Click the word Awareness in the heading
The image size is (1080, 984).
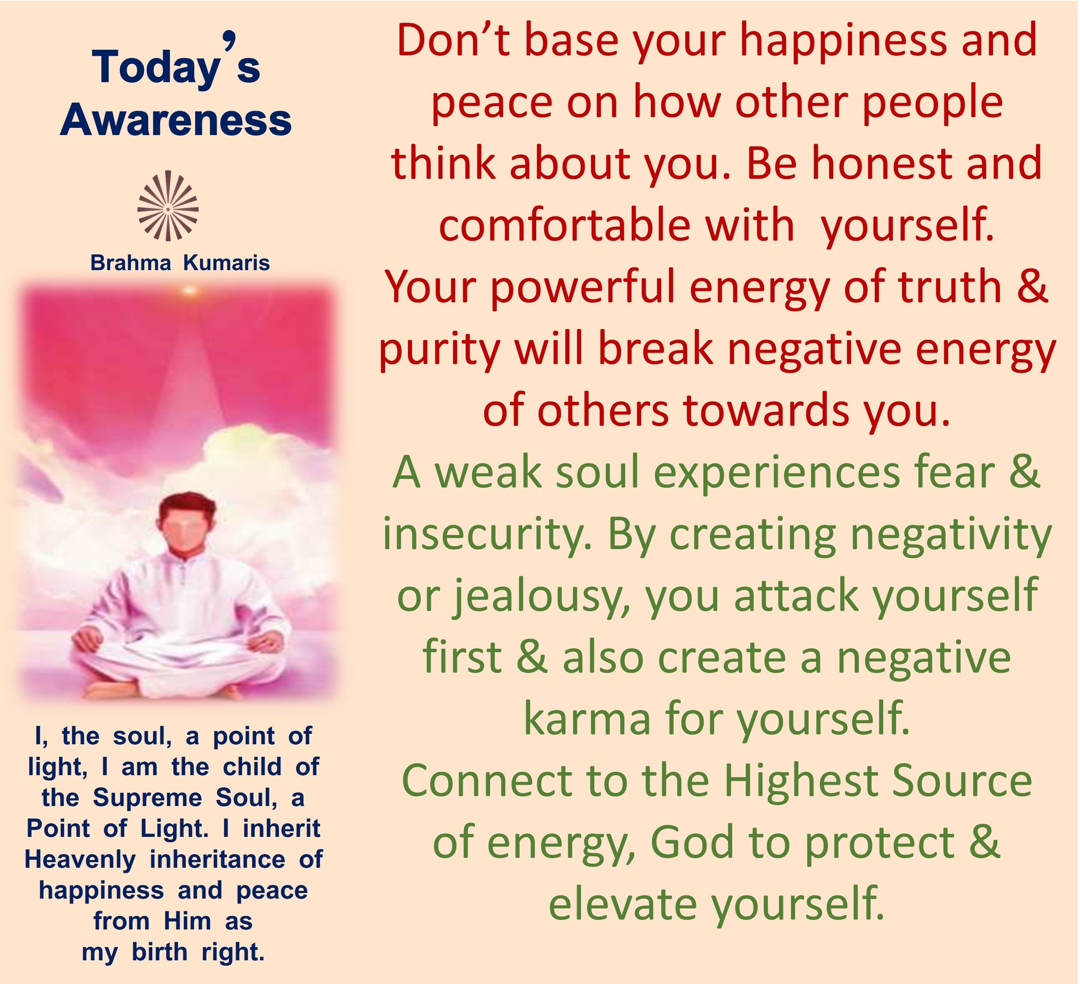pos(176,120)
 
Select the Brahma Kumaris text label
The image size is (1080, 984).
pos(180,263)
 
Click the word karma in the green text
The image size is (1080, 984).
pos(587,719)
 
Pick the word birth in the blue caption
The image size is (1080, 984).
pos(159,952)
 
